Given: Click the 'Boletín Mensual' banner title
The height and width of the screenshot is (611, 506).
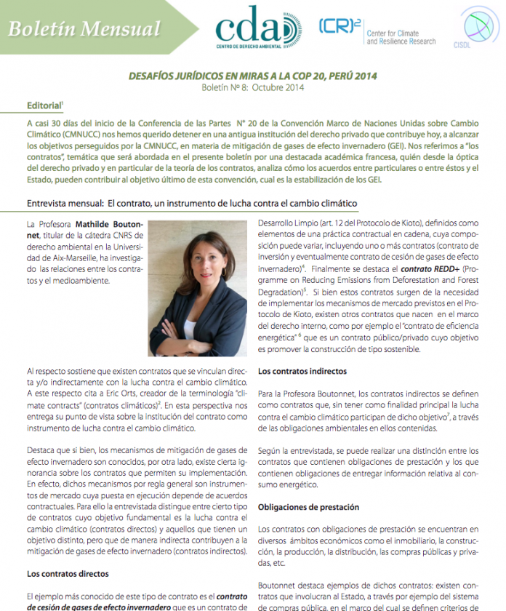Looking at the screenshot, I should pos(84,29).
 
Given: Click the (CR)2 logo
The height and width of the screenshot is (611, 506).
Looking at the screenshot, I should pos(340,26).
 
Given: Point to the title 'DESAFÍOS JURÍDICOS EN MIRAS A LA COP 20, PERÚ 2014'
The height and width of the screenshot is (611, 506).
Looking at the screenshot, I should pos(252,76).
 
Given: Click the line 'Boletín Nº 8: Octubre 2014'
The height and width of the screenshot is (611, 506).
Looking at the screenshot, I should pos(252,87).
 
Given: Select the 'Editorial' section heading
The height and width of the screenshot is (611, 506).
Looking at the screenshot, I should pos(42,105).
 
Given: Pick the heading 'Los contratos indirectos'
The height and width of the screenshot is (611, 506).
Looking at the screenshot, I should pos(302,371).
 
